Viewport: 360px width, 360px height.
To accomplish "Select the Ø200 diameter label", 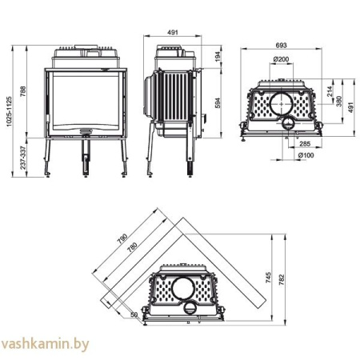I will pos(280,59).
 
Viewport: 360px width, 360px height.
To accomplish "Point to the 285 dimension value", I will pos(305,144).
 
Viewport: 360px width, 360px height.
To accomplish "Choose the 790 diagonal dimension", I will pos(122,239).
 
